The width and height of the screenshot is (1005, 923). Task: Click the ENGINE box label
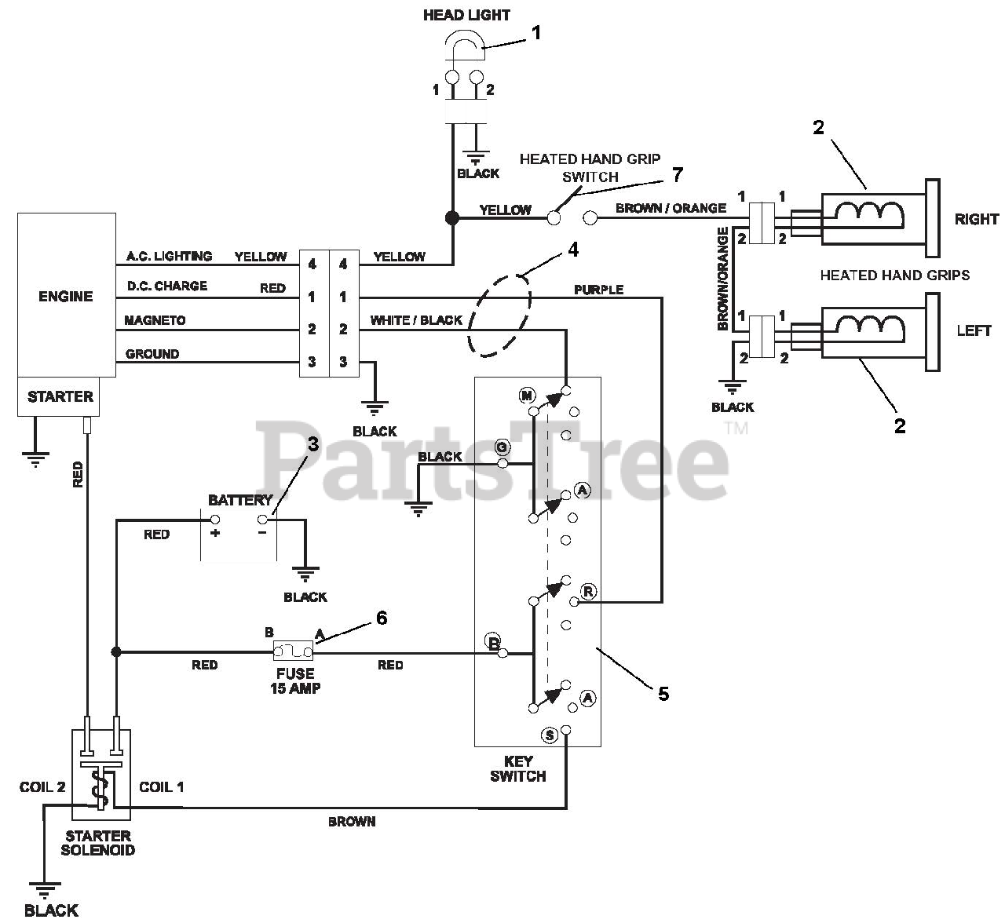(x=66, y=297)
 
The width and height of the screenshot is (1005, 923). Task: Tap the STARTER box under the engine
(x=59, y=396)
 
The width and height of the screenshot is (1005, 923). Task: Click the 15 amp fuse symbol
(x=294, y=651)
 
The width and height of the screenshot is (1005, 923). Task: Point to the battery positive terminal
(x=215, y=519)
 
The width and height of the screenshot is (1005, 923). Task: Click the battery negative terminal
(x=262, y=519)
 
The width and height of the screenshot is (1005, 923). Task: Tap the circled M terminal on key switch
(x=527, y=396)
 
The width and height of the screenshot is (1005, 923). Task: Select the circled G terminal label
(x=502, y=447)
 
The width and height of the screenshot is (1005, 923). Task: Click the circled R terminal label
(x=588, y=592)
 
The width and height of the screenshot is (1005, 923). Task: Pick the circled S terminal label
(x=550, y=735)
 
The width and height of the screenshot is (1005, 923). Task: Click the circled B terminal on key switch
(x=493, y=641)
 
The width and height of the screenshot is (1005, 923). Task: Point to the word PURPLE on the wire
(x=599, y=290)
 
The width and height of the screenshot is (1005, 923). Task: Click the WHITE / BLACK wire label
(x=416, y=320)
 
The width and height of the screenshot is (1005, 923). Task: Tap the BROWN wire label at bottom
(x=352, y=822)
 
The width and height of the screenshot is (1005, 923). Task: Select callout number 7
(x=678, y=175)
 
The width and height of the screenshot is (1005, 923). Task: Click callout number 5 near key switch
(x=663, y=694)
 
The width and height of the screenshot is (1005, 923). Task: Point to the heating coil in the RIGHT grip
(x=871, y=213)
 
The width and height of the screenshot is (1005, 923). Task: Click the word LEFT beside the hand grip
(x=974, y=330)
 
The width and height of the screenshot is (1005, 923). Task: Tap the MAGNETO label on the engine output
(x=155, y=320)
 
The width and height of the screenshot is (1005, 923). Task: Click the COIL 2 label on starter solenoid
(x=42, y=786)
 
